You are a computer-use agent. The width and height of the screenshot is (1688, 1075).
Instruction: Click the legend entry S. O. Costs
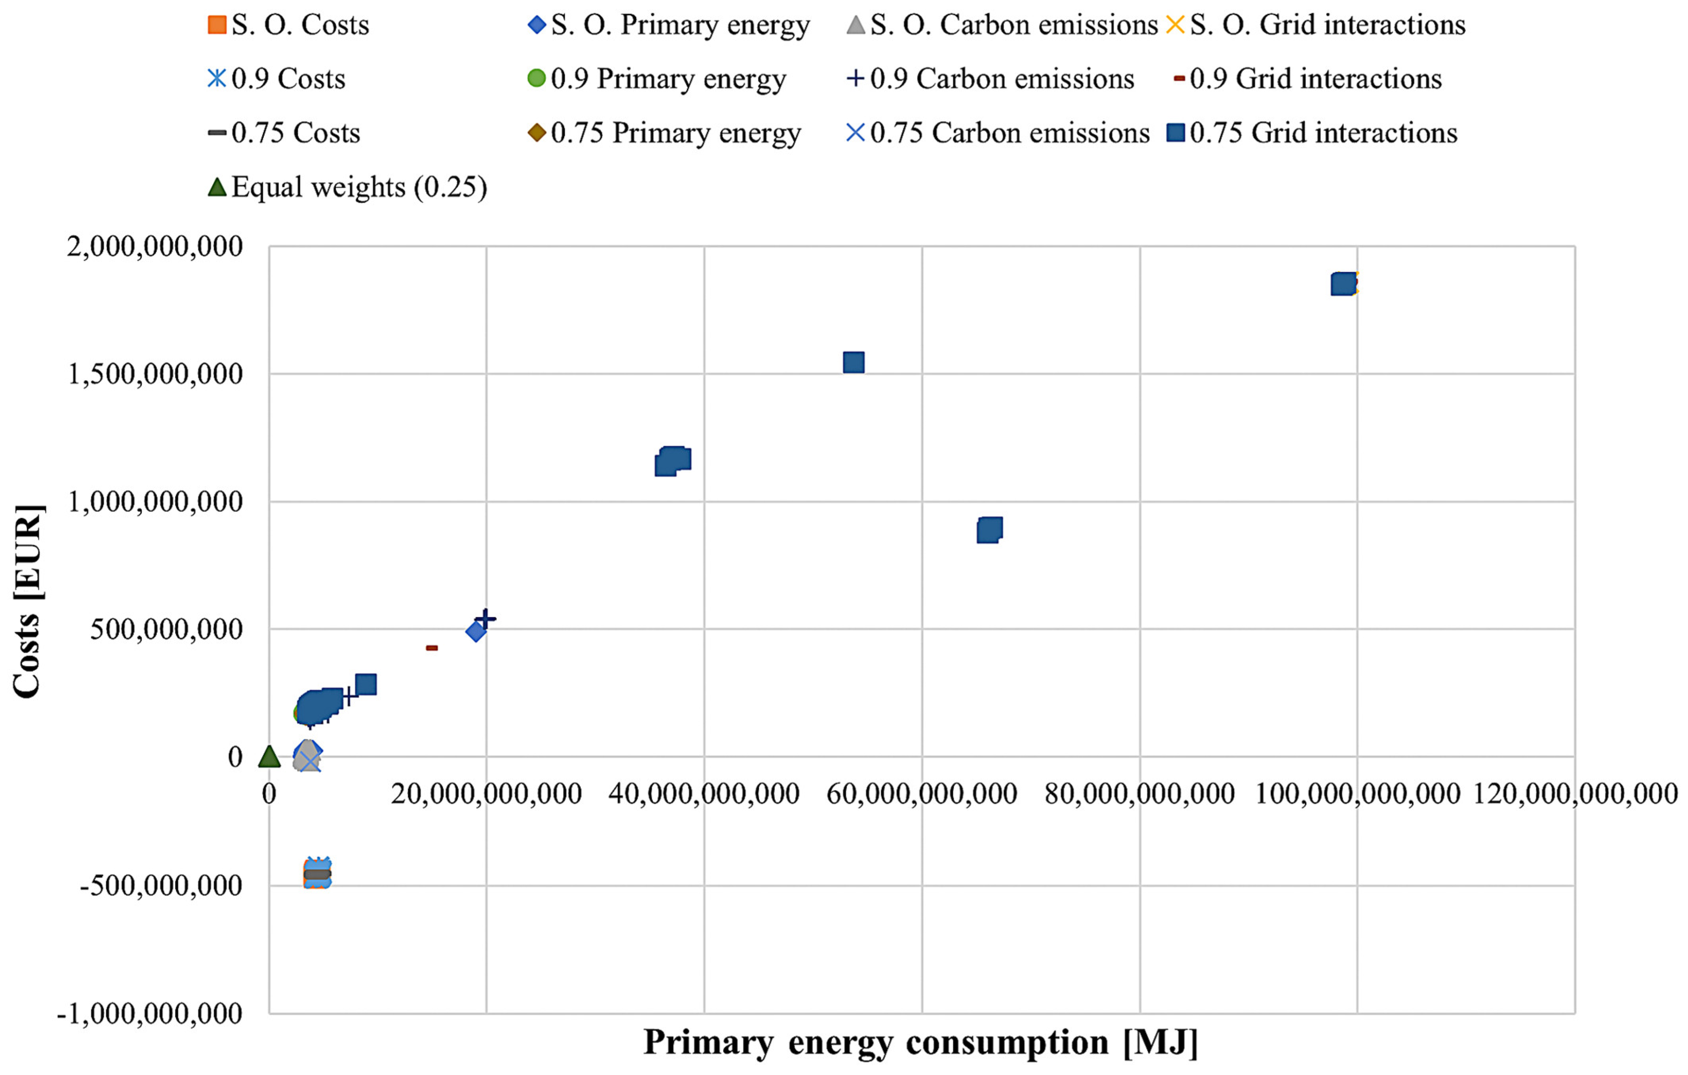(288, 25)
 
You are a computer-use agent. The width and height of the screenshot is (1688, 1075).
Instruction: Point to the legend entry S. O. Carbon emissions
(1002, 25)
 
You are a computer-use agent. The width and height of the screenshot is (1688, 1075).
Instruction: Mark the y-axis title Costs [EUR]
(28, 601)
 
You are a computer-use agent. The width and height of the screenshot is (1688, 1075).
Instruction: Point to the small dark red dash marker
(432, 648)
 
